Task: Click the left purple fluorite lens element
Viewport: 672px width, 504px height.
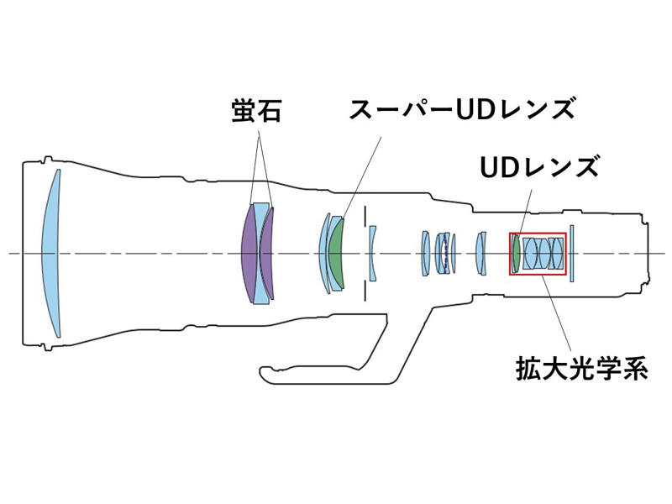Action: coord(249,252)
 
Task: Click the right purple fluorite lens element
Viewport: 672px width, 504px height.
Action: coord(268,252)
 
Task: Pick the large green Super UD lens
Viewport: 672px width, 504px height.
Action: coord(337,252)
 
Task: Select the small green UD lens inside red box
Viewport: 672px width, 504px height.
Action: coord(516,252)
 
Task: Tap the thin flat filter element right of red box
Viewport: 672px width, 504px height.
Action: coord(570,252)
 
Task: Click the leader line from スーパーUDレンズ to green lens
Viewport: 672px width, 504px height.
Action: coord(357,168)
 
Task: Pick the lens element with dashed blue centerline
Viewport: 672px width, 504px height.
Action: coord(444,252)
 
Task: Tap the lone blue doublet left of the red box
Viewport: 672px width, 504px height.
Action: coord(480,252)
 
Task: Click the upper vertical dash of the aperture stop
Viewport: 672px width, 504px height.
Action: coord(365,217)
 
